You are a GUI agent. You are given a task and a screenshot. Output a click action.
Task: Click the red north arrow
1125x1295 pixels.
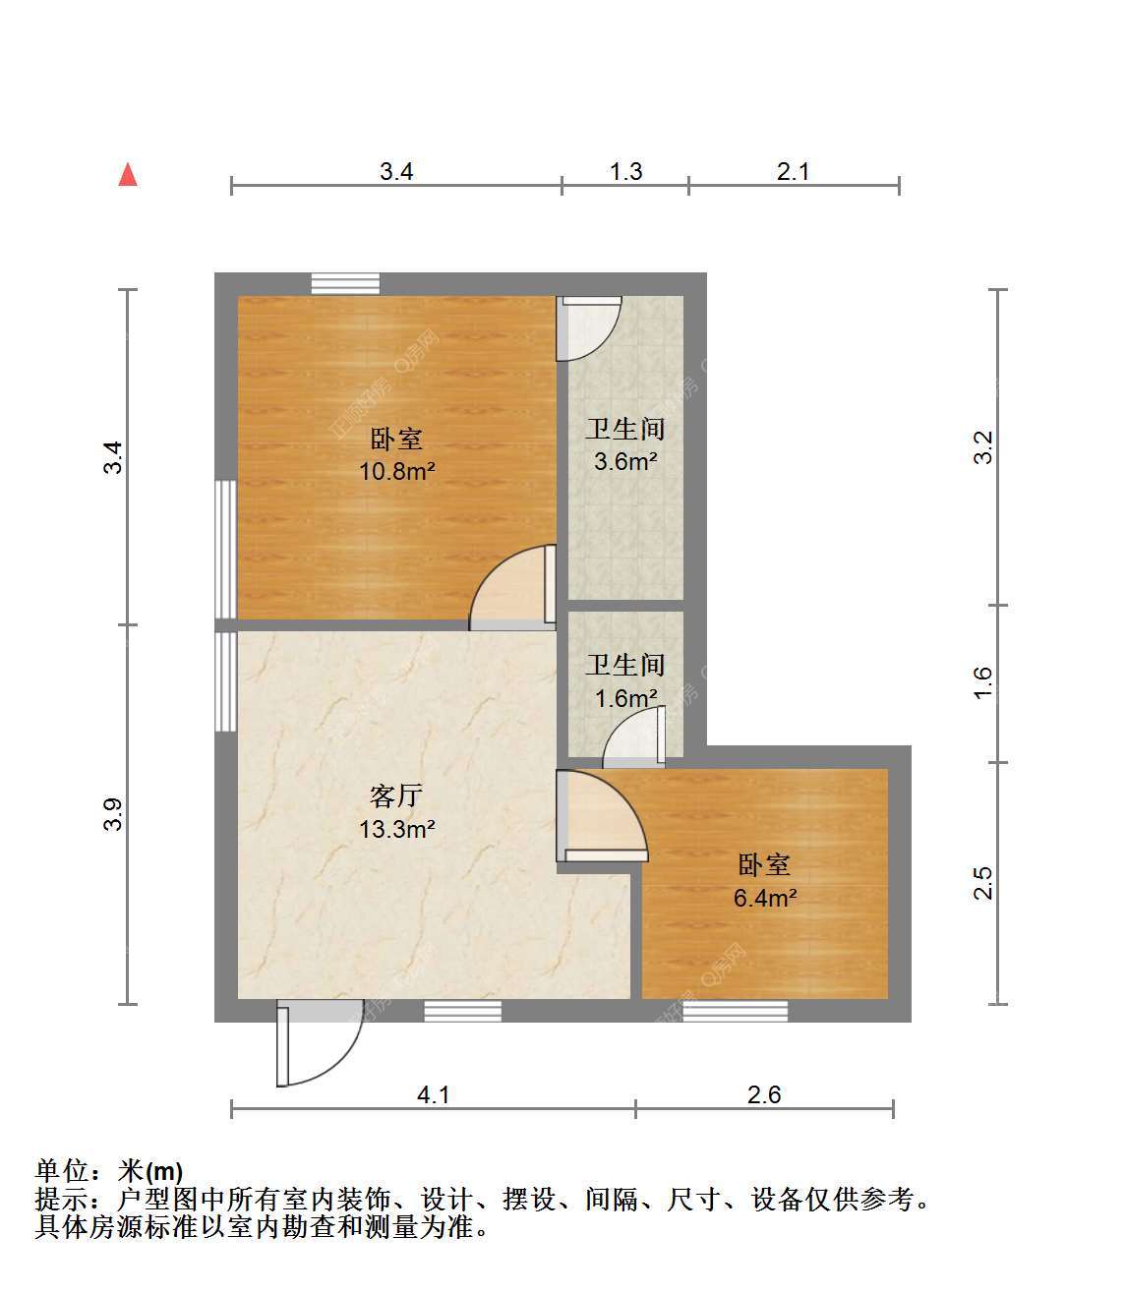point(128,175)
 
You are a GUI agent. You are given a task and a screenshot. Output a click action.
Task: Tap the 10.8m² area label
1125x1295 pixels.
point(397,471)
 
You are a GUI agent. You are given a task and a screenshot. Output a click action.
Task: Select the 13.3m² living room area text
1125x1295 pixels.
point(397,829)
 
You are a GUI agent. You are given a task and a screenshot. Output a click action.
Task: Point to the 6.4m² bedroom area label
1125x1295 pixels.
point(765,898)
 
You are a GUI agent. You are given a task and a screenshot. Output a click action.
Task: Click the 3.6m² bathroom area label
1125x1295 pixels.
point(624,461)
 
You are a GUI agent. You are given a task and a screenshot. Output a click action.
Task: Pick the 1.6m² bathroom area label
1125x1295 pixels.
point(625,698)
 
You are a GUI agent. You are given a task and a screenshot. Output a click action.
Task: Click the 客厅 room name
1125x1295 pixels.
point(396,796)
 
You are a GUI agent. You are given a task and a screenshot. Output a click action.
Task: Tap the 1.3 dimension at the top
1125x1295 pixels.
point(625,171)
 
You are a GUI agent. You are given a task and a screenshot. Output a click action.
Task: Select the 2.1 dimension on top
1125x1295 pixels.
point(793,171)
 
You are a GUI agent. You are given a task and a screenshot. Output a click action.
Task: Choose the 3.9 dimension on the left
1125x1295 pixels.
point(113,814)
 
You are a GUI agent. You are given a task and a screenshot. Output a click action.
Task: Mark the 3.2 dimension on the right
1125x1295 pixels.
point(982,447)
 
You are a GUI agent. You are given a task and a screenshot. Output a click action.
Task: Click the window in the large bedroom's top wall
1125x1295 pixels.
point(345,283)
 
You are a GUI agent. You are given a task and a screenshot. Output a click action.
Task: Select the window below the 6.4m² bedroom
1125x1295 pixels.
point(735,1011)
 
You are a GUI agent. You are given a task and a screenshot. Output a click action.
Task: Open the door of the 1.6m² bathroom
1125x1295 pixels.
point(633,736)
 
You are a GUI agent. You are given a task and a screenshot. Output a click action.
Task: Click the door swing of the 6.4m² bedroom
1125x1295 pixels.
point(602,816)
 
